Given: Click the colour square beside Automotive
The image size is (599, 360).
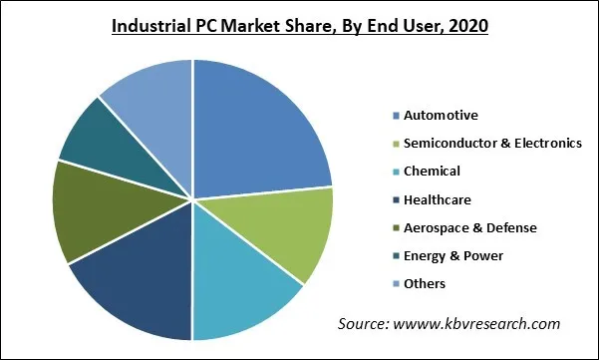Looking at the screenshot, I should click(396, 116).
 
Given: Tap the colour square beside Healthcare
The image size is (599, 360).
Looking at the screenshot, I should click(396, 200).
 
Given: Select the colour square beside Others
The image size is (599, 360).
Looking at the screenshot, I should click(396, 285).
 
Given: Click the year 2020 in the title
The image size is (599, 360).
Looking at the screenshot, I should click(467, 26).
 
